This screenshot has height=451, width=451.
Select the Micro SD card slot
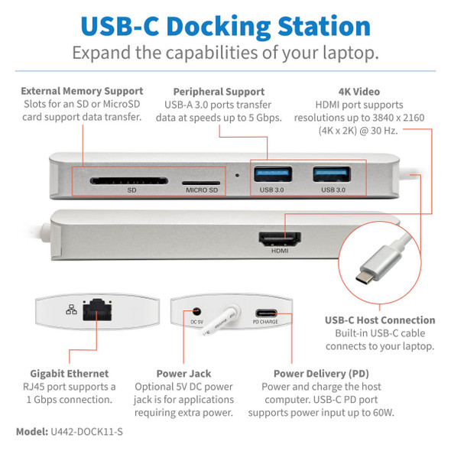pos(200,182)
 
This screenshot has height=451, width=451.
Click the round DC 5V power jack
pos(198,311)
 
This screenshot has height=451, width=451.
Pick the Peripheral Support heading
pos(219,92)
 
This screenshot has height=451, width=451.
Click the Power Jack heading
pos(183,374)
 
